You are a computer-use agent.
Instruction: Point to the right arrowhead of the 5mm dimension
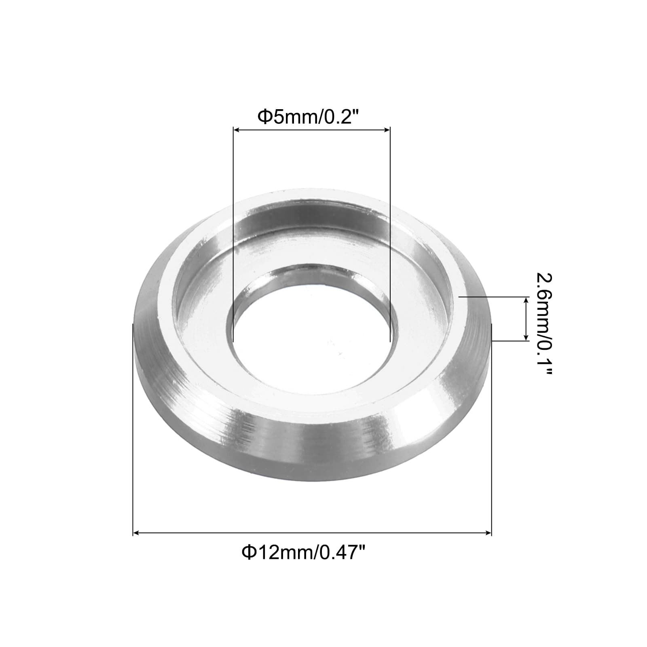386,129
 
